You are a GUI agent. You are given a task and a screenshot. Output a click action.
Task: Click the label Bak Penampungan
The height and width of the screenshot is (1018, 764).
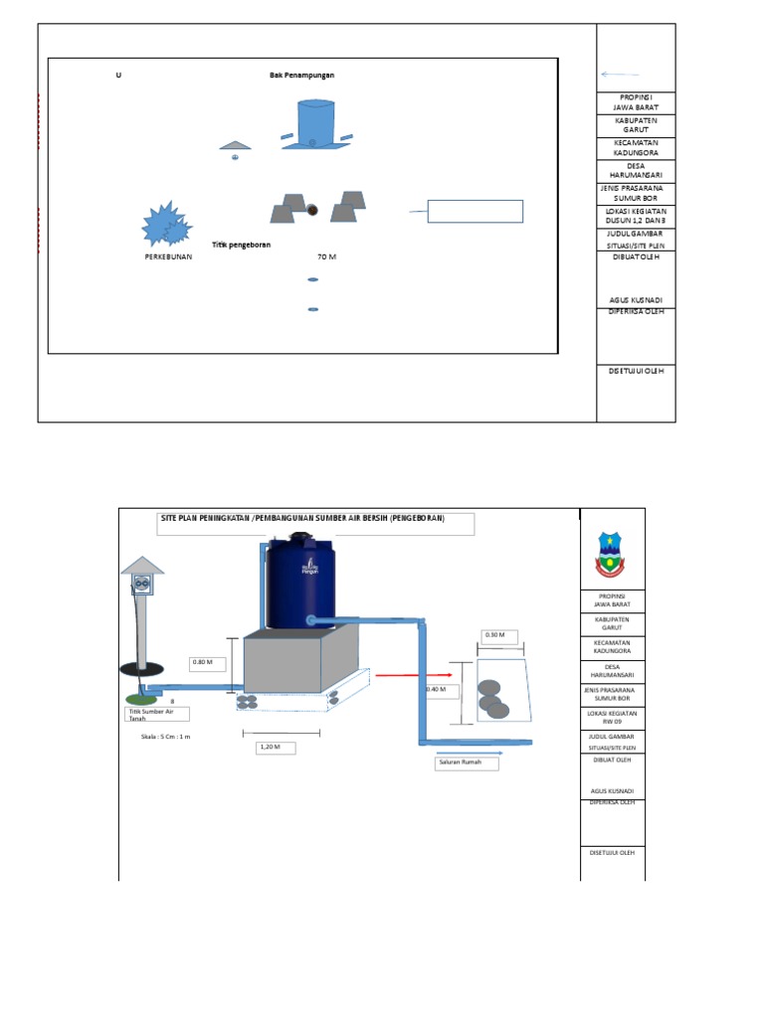click(302, 76)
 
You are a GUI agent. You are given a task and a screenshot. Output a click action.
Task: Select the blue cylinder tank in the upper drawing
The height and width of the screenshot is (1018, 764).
click(315, 123)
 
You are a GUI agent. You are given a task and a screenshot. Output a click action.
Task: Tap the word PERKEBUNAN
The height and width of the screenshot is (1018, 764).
click(167, 256)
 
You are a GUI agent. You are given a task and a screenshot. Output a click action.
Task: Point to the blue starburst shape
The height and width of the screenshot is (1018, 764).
click(165, 225)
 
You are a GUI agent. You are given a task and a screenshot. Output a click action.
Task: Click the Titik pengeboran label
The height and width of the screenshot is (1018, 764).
click(242, 244)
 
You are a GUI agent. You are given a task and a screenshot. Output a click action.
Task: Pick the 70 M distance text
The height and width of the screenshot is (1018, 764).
click(326, 256)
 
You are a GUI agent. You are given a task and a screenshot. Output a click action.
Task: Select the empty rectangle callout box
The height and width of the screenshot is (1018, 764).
click(475, 211)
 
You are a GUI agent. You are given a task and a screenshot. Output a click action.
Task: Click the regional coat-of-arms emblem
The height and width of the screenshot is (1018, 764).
click(611, 554)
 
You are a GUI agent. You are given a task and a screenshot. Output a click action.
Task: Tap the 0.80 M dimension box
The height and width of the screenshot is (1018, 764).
click(209, 661)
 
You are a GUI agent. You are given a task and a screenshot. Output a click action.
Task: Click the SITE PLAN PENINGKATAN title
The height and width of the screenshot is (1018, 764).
click(302, 519)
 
